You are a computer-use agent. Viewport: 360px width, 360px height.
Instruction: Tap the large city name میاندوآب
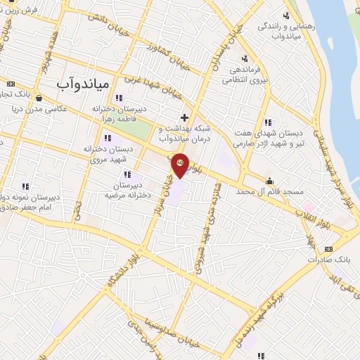pos(82,83)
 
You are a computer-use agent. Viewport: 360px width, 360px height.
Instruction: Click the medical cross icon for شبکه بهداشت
pos(184,117)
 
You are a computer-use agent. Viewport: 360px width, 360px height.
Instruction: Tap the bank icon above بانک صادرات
pos(328,249)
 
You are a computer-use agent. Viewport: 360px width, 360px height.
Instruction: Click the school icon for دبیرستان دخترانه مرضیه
pos(127,174)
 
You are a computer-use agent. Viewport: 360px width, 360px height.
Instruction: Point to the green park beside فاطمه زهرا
pos(140,131)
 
